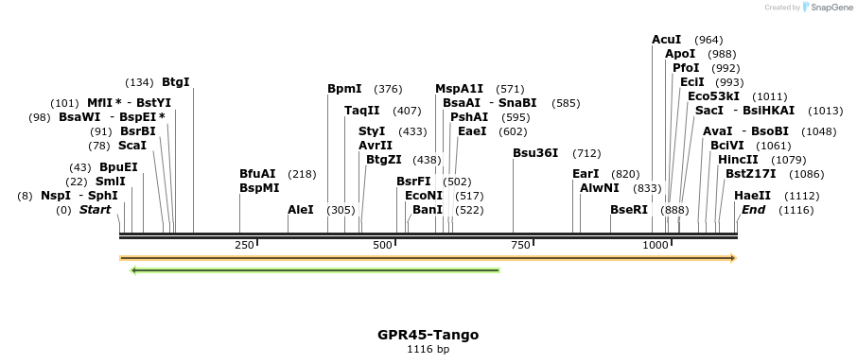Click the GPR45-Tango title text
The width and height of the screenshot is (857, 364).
pos(428,335)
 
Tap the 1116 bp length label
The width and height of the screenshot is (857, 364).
pos(428,350)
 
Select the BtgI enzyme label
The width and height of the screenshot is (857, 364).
pos(176,82)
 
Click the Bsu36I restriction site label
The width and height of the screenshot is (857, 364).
pos(535,153)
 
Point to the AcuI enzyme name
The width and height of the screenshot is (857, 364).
pos(666,40)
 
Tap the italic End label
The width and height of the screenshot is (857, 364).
pos(753,210)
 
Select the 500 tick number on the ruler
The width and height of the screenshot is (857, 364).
pos(383,245)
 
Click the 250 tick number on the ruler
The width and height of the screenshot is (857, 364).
pos(244,245)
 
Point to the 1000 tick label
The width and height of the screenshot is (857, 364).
pos(656,245)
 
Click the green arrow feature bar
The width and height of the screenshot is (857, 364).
pos(315,270)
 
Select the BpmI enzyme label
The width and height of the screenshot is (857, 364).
pos(344,89)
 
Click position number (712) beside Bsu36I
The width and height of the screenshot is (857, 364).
pos(586,153)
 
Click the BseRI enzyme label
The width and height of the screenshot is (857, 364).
pos(628,210)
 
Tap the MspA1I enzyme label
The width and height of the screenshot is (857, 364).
pos(459,89)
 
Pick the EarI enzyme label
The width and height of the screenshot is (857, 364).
pos(586,174)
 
